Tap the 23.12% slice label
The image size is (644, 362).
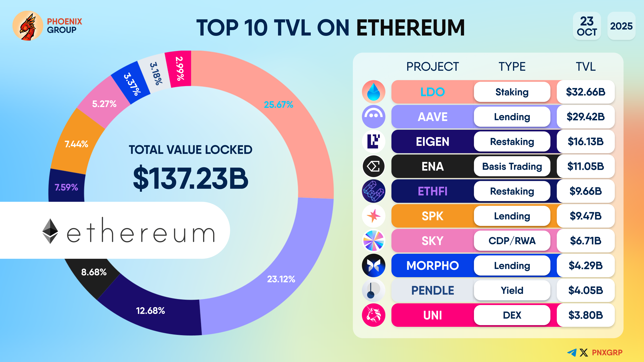coord(281,279)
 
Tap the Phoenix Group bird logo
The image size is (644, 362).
coord(28,26)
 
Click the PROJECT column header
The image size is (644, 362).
coord(433,67)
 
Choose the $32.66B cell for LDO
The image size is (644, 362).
coord(585,92)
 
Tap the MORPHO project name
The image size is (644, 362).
coord(433,266)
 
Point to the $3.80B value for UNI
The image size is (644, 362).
coord(585,315)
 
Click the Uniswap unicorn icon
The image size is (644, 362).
coord(373,315)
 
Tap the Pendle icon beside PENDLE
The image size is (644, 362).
coord(373,290)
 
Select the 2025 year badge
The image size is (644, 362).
coord(621,26)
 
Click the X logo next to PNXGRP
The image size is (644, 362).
coord(584,352)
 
